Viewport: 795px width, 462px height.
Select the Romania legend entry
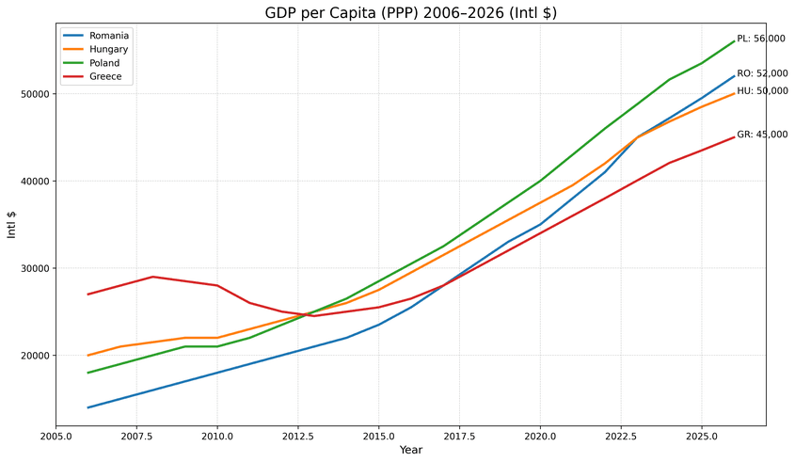point(109,36)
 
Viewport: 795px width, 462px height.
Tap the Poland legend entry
point(104,63)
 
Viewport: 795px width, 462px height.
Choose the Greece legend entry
point(105,77)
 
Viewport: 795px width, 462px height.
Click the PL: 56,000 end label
point(761,39)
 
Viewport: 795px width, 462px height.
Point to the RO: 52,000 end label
point(762,73)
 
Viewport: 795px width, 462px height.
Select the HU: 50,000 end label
point(762,91)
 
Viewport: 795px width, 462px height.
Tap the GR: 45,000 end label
point(762,135)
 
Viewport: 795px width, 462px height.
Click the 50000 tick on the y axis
point(36,94)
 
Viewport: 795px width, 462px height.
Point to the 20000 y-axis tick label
point(36,356)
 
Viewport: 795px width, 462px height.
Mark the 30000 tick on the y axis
point(36,268)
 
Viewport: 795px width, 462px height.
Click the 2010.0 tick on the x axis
point(217,437)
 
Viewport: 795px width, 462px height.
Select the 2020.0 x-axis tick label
point(540,437)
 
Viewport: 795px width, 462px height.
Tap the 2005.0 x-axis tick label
point(56,437)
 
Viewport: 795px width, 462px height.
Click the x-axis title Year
point(411,451)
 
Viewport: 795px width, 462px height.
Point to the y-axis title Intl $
point(12,225)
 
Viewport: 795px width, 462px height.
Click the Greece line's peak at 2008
point(153,277)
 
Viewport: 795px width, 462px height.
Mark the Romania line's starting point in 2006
point(88,407)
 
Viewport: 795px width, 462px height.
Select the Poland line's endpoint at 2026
point(734,41)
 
